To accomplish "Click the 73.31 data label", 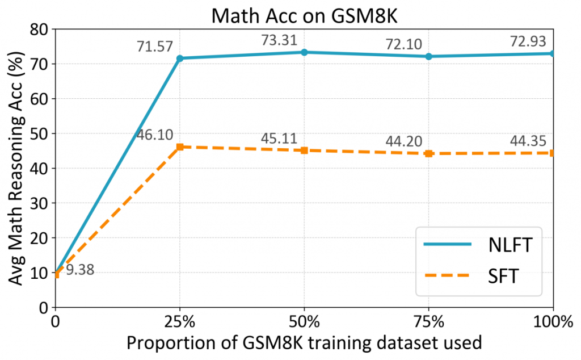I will tap(280, 40).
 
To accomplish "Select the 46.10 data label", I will tap(155, 135).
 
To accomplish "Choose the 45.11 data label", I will tap(280, 139).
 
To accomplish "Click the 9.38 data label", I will tap(80, 270).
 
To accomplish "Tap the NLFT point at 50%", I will tap(304, 52).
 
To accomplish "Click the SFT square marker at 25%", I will tap(180, 146).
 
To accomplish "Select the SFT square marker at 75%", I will tap(429, 153).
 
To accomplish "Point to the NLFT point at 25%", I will tap(180, 58).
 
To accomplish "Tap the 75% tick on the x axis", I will tap(429, 322).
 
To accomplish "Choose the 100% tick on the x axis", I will tap(553, 322).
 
